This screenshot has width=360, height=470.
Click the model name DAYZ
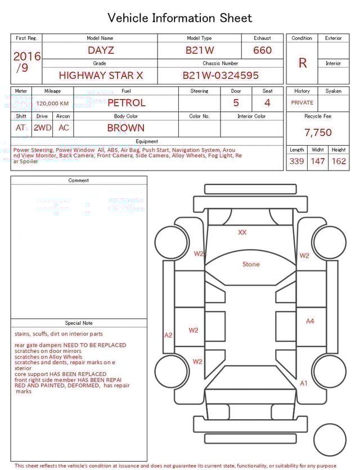(x=101, y=50)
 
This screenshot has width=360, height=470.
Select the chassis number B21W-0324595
(x=220, y=75)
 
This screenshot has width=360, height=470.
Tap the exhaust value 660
(x=262, y=50)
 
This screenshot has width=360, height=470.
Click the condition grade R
(x=302, y=62)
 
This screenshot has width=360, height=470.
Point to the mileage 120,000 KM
(x=52, y=104)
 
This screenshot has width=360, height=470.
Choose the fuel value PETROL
(x=126, y=103)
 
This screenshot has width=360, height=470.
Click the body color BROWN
(x=126, y=128)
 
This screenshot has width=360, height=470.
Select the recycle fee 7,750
(x=318, y=132)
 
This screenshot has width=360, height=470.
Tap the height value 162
(x=339, y=162)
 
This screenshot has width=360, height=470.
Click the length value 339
(x=296, y=162)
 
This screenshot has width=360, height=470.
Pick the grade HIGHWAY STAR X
(x=101, y=75)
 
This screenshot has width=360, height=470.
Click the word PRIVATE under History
(x=302, y=103)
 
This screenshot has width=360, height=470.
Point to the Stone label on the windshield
(x=251, y=264)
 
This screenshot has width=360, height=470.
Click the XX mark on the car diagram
(x=242, y=232)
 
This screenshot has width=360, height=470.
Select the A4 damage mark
(x=310, y=321)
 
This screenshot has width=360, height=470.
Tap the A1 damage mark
(x=304, y=383)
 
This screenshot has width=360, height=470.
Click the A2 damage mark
(x=168, y=335)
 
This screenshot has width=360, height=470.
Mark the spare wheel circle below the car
(x=330, y=439)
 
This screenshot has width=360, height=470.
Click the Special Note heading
(x=79, y=323)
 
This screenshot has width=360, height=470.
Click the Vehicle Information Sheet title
(x=180, y=17)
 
